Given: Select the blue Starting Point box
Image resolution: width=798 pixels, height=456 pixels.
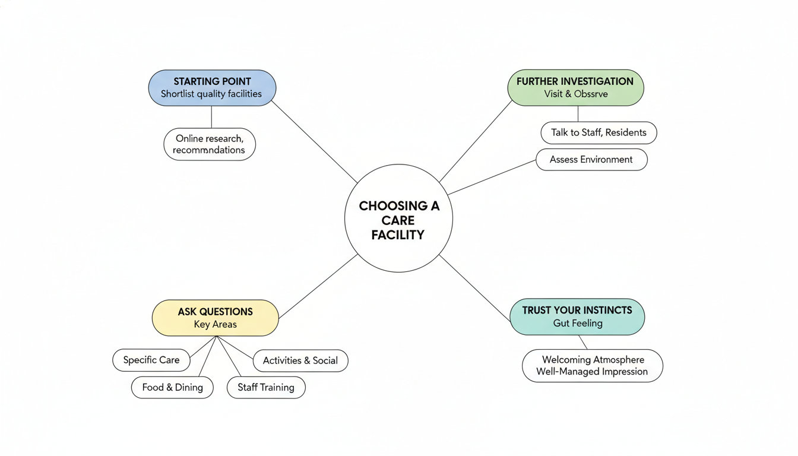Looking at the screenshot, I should point(212,88).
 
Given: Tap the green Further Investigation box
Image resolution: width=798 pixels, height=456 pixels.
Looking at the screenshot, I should point(575,88).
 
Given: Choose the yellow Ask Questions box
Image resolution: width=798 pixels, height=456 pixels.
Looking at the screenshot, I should point(215,318).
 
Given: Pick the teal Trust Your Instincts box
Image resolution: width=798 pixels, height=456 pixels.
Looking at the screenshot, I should point(577,316).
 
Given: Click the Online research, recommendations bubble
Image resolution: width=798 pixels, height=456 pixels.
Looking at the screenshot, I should point(209,144).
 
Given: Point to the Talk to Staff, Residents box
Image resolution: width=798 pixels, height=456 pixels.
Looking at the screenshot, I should point(598,133).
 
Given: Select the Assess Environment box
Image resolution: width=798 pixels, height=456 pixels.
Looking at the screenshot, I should point(591,160).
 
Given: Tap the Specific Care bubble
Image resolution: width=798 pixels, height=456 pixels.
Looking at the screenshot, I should point(151,360).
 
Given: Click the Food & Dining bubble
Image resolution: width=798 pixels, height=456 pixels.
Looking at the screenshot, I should point(172,387).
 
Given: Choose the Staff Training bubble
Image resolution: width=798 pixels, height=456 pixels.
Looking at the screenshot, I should point(266,387).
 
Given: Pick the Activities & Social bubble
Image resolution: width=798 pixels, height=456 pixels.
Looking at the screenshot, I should point(300,360).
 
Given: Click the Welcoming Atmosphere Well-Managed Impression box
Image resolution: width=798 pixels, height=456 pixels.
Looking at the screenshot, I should point(592,366).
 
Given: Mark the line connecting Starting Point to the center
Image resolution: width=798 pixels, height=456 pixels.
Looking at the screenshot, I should point(315,142).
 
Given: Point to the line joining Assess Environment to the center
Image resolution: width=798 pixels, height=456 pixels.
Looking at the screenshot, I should point(493,176).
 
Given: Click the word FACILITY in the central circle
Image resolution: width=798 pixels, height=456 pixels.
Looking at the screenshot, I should point(398,235).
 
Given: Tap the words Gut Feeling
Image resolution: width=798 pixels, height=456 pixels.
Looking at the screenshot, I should point(578,324).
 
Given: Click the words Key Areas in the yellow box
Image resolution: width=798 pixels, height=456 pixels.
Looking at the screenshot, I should point(215,325).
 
